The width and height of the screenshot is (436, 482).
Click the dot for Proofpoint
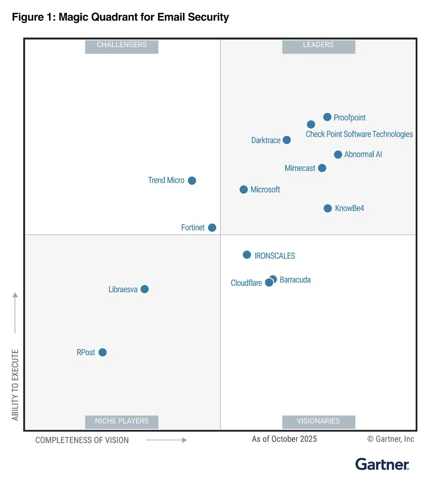coord(327,117)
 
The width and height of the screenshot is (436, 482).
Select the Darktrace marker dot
coord(286,140)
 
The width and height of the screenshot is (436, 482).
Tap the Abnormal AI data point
coord(338,154)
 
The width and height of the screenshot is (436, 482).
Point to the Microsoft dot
coord(244,190)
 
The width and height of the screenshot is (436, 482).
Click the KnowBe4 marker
coord(327,208)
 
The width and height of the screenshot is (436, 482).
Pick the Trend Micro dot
coord(192,180)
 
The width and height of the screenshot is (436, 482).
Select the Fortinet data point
coord(212,227)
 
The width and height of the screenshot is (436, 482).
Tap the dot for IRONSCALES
coord(247,255)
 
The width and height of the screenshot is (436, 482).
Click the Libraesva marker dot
coord(144,289)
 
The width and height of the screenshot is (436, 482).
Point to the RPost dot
coord(102,353)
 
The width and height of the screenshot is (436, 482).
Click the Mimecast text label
coord(300,168)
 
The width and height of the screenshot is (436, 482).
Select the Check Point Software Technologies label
coord(359,134)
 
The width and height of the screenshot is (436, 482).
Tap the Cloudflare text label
coord(246,283)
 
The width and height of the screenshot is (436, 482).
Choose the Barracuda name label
coord(295,280)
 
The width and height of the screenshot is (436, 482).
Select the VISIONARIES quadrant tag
coord(318,421)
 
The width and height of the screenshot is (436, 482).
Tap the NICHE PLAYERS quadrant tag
coord(121,421)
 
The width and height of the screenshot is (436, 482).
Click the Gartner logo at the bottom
coord(382,464)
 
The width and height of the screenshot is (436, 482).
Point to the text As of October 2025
coord(284,439)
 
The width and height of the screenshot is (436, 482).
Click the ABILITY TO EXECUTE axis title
coord(15,385)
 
